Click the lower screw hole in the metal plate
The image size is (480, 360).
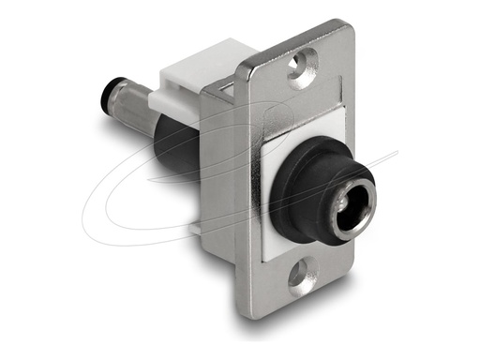299,276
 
